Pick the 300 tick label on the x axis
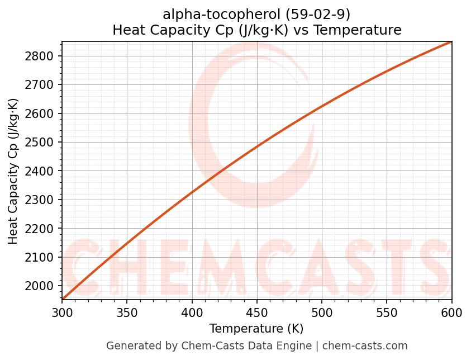pyautogui.click(x=62, y=313)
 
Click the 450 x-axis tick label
pyautogui.click(x=257, y=313)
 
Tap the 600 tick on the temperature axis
pyautogui.click(x=451, y=313)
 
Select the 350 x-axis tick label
pyautogui.click(x=127, y=313)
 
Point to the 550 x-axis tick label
pyautogui.click(x=387, y=313)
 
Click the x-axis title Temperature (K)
pyautogui.click(x=256, y=329)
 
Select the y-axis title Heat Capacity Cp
pyautogui.click(x=13, y=171)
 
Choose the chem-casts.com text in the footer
pyautogui.click(x=365, y=346)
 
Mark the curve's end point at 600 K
pyautogui.click(x=451, y=42)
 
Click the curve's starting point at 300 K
pyautogui.click(x=63, y=299)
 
